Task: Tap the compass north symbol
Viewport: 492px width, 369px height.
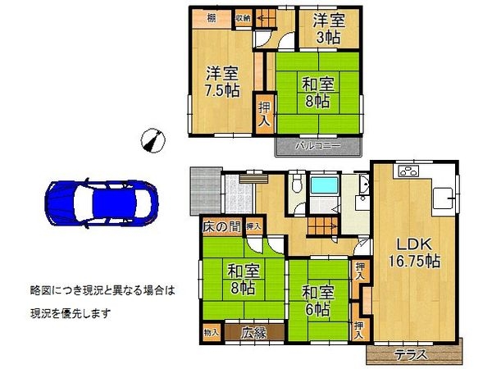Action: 148,140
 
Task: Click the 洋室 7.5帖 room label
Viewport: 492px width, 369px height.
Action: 222,82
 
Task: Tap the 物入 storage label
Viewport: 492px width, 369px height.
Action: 212,332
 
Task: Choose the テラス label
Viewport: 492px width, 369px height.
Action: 409,355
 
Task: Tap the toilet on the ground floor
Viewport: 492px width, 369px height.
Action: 294,187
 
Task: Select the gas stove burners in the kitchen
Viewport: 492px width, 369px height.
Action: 408,173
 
